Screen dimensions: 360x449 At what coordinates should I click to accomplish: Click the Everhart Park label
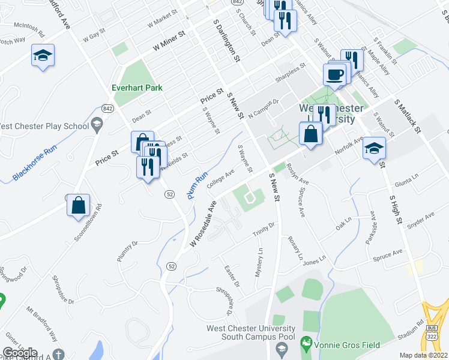pos(137,88)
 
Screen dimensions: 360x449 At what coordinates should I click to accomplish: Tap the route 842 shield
pos(107,108)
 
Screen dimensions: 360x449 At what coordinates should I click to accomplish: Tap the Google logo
pos(20,353)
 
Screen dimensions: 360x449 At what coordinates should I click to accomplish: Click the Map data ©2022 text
pos(424,355)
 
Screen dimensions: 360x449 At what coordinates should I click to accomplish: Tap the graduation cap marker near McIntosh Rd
pos(43,56)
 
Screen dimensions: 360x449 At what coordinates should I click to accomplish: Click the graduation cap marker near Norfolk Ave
pos(374,147)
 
